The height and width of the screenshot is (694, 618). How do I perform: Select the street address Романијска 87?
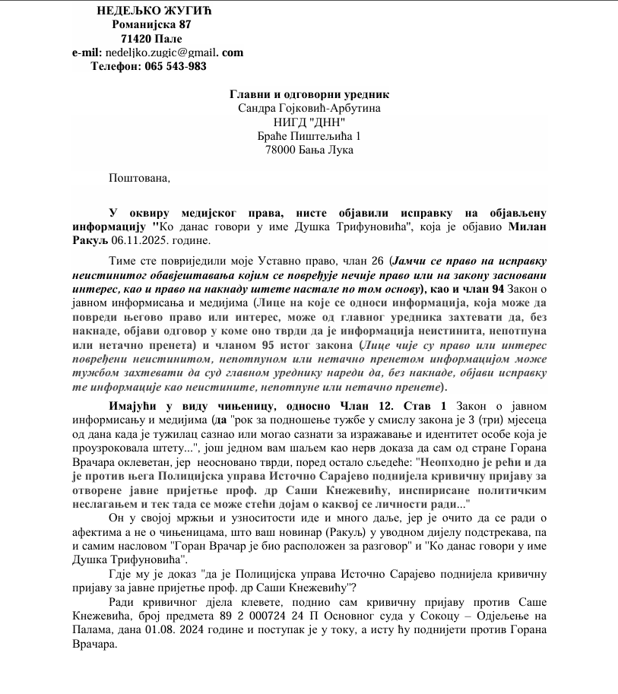point(146,24)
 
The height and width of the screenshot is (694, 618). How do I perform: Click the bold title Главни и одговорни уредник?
point(309,94)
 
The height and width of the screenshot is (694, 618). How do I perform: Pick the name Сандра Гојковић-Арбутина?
point(309,108)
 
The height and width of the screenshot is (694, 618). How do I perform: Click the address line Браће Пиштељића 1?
point(309,136)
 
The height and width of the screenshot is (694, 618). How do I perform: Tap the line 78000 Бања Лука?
point(309,150)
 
